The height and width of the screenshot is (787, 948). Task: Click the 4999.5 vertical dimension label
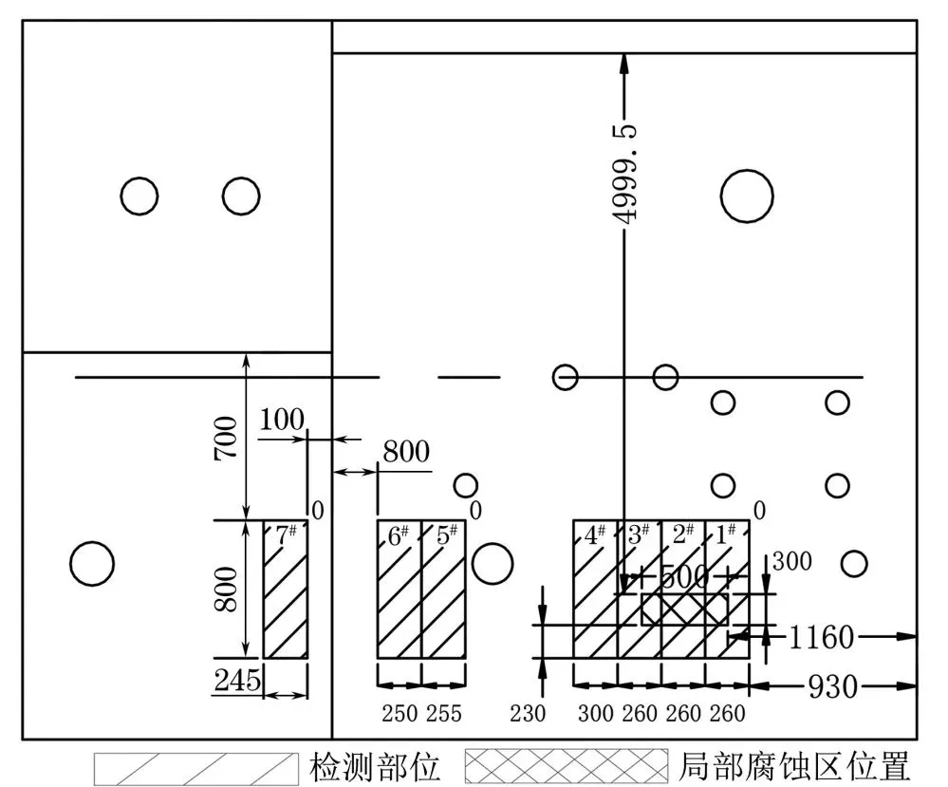pyautogui.click(x=627, y=175)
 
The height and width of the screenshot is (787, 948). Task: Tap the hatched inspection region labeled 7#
pyautogui.click(x=286, y=590)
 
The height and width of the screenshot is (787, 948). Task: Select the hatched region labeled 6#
pyautogui.click(x=399, y=590)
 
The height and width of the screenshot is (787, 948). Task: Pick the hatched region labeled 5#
pyautogui.click(x=444, y=590)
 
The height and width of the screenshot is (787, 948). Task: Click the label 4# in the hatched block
pyautogui.click(x=595, y=534)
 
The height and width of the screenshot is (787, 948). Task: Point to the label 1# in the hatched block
pyautogui.click(x=726, y=534)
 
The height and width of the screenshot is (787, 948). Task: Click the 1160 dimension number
pyautogui.click(x=822, y=637)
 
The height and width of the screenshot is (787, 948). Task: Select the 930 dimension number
pyautogui.click(x=832, y=686)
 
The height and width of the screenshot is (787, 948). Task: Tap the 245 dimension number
pyautogui.click(x=237, y=680)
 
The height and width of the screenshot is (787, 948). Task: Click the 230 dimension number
pyautogui.click(x=528, y=714)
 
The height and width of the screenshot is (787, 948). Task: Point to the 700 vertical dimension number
pyautogui.click(x=227, y=438)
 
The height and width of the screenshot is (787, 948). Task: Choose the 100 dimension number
pyautogui.click(x=282, y=420)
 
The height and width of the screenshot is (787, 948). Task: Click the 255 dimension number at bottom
pyautogui.click(x=444, y=714)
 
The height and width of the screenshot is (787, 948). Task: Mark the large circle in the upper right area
pyautogui.click(x=747, y=171)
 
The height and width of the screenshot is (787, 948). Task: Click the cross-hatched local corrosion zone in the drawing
pyautogui.click(x=684, y=609)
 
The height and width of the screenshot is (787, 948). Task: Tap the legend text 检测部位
pyautogui.click(x=374, y=767)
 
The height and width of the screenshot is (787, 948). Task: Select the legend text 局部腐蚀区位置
pyautogui.click(x=794, y=767)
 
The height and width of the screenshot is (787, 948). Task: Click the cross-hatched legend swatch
pyautogui.click(x=567, y=766)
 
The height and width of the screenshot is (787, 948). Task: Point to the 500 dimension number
pyautogui.click(x=684, y=577)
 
